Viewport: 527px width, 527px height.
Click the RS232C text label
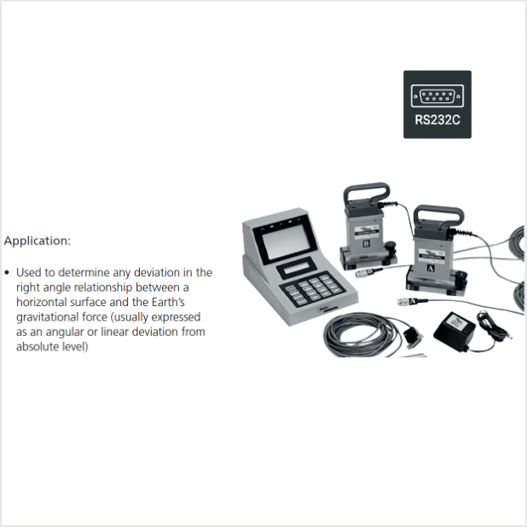(x=437, y=119)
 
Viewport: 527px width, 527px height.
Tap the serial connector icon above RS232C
(x=437, y=96)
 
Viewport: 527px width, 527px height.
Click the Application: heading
(x=38, y=240)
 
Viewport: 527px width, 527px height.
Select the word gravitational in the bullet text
(x=44, y=317)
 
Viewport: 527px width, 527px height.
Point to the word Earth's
(x=168, y=302)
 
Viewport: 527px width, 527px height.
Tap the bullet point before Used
(x=8, y=273)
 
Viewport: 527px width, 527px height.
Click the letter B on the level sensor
(x=366, y=243)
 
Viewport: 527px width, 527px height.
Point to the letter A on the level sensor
(x=430, y=269)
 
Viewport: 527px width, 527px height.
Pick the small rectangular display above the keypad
(x=297, y=268)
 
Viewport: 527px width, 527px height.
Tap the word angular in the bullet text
(x=65, y=332)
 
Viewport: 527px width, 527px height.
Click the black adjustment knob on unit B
(x=391, y=246)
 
